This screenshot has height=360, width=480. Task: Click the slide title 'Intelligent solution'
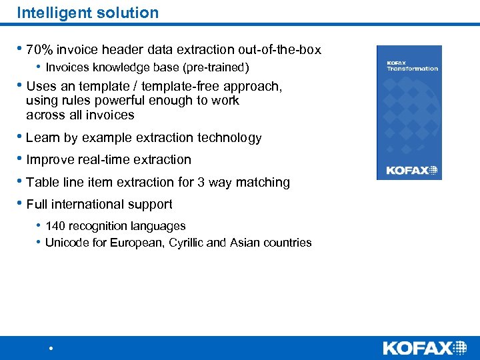click(87, 13)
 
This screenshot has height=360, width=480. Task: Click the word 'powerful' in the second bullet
click(117, 101)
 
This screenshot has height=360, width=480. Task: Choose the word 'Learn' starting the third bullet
click(43, 138)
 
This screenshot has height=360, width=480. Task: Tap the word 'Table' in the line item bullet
click(42, 182)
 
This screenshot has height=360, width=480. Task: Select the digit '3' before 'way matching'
click(201, 182)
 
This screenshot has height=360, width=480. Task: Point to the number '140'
click(56, 226)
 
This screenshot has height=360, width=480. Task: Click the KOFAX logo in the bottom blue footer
click(425, 347)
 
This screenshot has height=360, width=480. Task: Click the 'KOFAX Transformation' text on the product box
click(412, 65)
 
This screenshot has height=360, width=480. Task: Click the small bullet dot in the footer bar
click(51, 349)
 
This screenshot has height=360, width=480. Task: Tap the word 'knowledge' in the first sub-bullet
click(113, 67)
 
